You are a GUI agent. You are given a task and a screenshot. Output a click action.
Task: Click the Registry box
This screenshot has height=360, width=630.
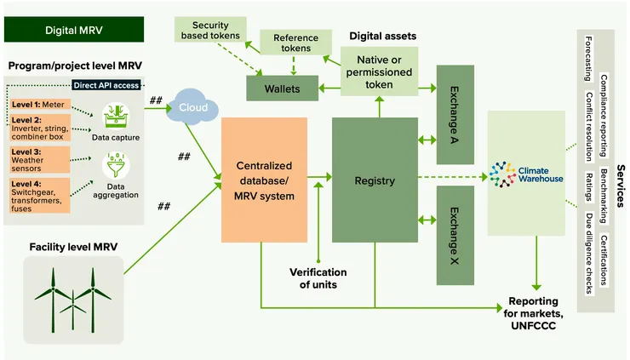click(x=375, y=180)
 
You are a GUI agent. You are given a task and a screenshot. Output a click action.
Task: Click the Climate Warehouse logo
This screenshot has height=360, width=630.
click(x=526, y=174)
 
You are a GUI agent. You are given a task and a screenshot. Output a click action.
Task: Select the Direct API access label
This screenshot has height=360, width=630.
click(x=106, y=85)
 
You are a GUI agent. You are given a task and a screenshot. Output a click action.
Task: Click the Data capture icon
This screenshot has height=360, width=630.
click(x=115, y=116)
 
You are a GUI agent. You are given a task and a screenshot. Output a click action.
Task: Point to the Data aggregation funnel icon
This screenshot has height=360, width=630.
click(x=115, y=165)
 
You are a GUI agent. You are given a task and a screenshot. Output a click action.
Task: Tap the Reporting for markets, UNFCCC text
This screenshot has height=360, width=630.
click(x=533, y=307)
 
